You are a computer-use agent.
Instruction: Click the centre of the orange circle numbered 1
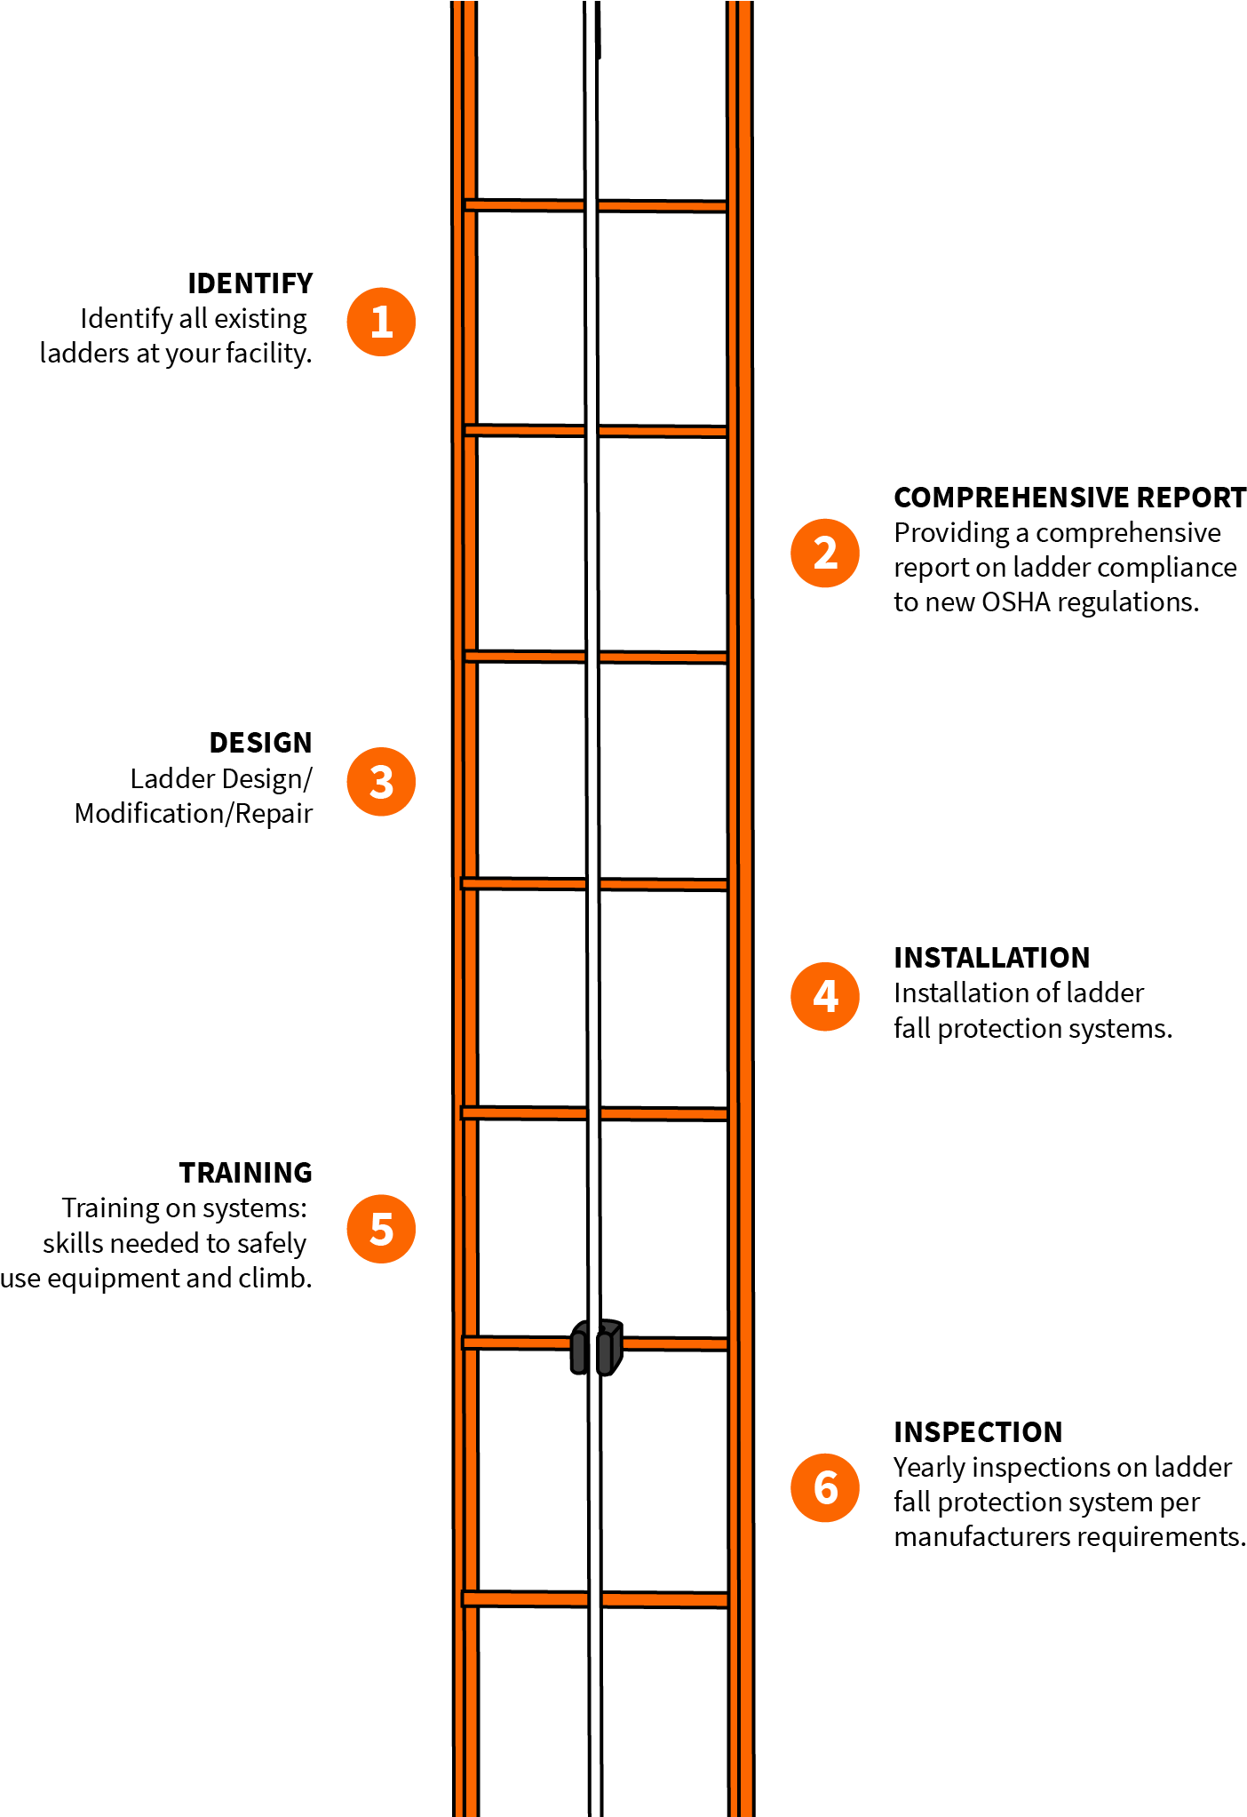381,322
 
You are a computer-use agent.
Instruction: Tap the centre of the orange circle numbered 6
825,1487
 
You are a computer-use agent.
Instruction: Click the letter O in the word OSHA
992,602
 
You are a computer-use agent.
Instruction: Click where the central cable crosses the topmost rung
591,206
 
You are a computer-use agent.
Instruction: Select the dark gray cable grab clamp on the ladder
596,1347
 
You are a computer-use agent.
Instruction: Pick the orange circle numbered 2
825,553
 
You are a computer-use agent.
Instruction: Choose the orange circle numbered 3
381,782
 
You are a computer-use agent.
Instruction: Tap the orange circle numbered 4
825,996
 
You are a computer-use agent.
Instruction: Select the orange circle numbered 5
381,1229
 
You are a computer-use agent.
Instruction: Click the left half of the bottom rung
525,1599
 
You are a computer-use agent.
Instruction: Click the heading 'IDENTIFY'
250,283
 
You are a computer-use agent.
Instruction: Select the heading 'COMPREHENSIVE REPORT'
1070,498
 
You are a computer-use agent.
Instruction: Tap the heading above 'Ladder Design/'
261,743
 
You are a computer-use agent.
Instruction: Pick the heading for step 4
992,958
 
